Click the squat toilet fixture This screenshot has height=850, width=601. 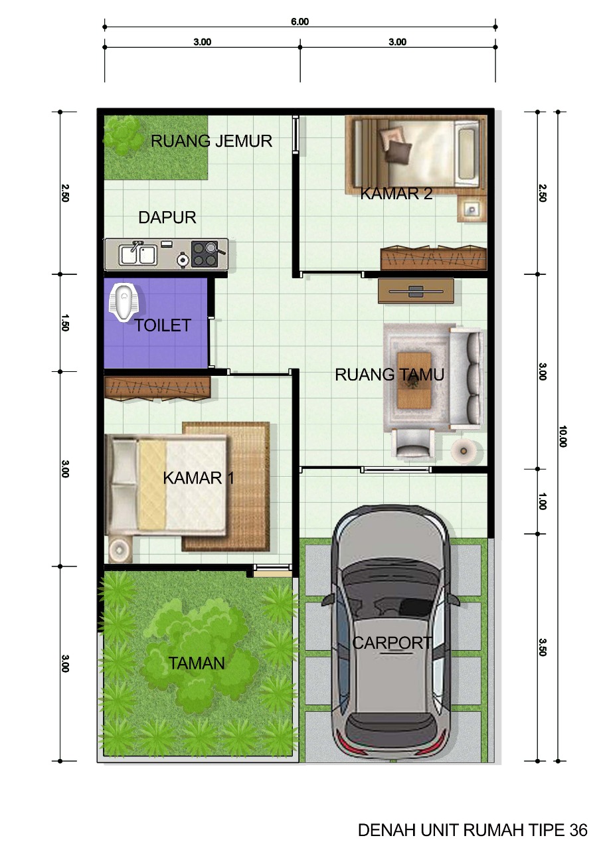[x=124, y=303]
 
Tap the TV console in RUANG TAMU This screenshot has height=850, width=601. [x=416, y=290]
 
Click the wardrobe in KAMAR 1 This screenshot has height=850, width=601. [x=157, y=388]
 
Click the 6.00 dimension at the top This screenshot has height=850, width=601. [x=300, y=21]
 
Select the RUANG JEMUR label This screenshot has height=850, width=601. [x=211, y=141]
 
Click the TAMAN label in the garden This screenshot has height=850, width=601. [x=196, y=663]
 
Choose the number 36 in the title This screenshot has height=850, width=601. [x=578, y=830]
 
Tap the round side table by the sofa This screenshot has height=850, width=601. [x=462, y=450]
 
